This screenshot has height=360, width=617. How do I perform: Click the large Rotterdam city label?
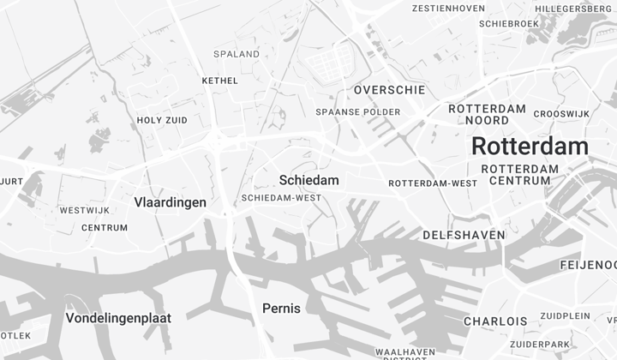530,146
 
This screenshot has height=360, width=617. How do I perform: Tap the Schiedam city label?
308,180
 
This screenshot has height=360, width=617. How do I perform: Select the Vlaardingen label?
171,202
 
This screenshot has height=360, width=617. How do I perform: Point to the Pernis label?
281,308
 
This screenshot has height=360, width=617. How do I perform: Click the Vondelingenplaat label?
118,318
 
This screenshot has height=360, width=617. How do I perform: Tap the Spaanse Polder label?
357,112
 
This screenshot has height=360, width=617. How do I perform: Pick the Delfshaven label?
464,235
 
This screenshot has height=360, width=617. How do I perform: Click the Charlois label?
495,321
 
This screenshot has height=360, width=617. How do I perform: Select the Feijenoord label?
588,264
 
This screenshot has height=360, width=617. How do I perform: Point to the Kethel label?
219,81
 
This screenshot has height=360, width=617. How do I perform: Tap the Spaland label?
237,54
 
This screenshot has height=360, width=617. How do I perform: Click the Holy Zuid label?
162,121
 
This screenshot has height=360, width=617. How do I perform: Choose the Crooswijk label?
561,114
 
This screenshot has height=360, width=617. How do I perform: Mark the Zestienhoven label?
448,9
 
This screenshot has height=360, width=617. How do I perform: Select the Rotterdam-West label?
433,183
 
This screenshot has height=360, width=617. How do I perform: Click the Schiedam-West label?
281,198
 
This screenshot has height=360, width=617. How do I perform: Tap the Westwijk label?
84,210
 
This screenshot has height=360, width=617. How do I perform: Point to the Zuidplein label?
565,315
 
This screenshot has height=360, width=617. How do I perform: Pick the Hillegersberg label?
572,9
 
